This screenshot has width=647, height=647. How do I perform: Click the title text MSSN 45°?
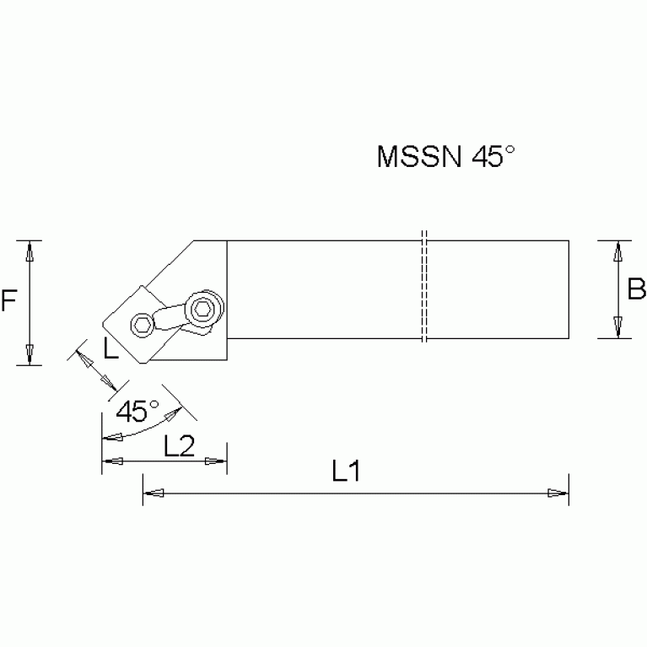pyautogui.click(x=445, y=158)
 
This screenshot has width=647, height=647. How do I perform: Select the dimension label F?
pyautogui.click(x=9, y=300)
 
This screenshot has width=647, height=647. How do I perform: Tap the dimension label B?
pyautogui.click(x=637, y=290)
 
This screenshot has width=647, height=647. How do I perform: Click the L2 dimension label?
pyautogui.click(x=180, y=446)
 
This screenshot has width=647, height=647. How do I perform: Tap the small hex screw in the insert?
pyautogui.click(x=142, y=325)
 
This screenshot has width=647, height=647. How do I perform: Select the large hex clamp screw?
pyautogui.click(x=203, y=309)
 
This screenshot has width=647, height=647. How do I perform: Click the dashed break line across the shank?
pyautogui.click(x=423, y=287)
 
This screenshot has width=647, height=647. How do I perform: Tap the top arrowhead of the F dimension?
pyautogui.click(x=30, y=251)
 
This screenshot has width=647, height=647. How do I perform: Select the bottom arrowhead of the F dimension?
pyautogui.click(x=30, y=355)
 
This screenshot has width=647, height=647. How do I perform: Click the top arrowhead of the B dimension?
pyautogui.click(x=618, y=251)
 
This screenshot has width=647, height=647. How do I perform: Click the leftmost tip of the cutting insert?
pyautogui.click(x=103, y=323)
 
